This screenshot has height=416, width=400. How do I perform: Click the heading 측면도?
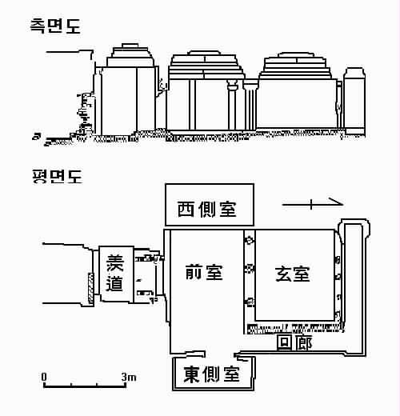[x=55, y=26]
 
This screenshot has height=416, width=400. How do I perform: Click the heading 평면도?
[x=57, y=176]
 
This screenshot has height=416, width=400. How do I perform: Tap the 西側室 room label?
[x=207, y=209]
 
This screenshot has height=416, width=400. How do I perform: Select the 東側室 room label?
[x=211, y=374]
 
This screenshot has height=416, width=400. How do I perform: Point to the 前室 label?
[x=204, y=272]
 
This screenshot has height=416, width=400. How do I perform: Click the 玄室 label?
[x=293, y=274]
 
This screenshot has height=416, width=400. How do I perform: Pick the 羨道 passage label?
[x=115, y=273]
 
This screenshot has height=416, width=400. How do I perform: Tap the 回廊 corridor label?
[x=294, y=342]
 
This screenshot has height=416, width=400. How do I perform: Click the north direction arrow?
[x=313, y=204]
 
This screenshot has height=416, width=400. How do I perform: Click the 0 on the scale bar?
[x=44, y=377]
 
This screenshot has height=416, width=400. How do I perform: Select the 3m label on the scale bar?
[x=129, y=377]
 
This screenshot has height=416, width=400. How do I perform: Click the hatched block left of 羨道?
[x=91, y=286]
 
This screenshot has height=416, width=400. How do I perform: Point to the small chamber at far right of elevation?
[x=354, y=101]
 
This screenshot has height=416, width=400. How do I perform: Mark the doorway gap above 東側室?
[x=219, y=354]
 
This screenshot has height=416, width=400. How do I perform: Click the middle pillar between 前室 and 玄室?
[x=250, y=269]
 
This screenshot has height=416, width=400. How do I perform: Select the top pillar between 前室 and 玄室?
[x=250, y=240]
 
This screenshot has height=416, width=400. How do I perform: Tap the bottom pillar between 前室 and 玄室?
[x=250, y=302]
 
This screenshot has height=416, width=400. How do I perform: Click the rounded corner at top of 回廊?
[x=354, y=226]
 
